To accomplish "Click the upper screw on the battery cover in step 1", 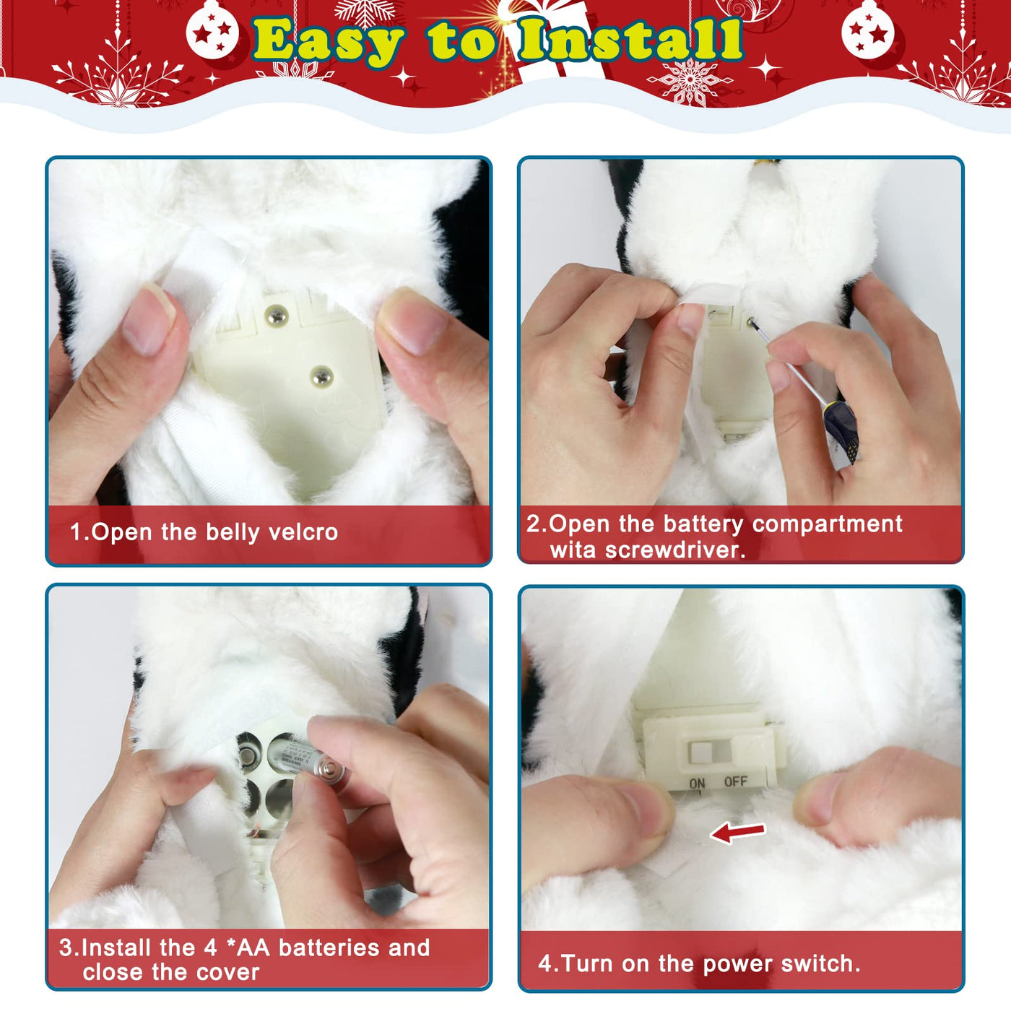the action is click(x=277, y=316).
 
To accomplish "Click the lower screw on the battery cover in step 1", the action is click(x=321, y=376).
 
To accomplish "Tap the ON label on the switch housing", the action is click(x=697, y=784).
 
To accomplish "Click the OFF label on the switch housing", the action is click(x=736, y=782).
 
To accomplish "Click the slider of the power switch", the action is click(x=699, y=752).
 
